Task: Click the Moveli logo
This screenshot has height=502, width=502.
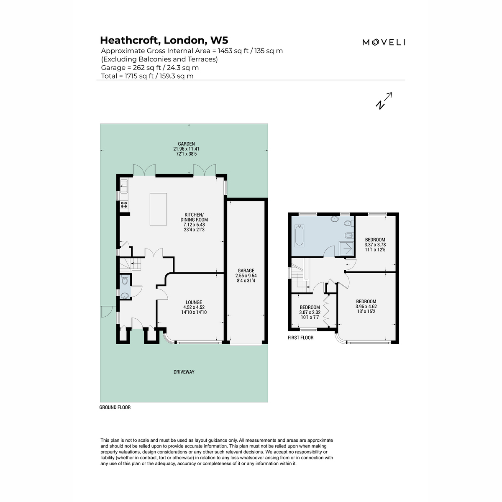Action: point(384,42)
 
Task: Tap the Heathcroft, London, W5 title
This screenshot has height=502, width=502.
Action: point(164,41)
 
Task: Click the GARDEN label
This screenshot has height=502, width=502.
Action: point(186,143)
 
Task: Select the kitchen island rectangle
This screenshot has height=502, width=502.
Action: point(158,209)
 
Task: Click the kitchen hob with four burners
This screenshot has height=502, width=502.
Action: point(124,205)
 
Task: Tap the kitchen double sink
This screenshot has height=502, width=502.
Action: point(124,186)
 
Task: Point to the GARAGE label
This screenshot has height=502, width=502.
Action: point(246,271)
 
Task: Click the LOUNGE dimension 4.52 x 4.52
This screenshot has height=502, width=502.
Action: point(194,307)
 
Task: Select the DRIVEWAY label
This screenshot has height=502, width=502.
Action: point(184,372)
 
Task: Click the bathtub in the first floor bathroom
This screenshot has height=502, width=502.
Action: point(300,236)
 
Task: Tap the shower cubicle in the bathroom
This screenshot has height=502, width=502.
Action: point(346,249)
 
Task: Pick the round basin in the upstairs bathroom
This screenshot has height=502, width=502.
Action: point(335,219)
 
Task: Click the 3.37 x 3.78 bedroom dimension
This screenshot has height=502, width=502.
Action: point(375,245)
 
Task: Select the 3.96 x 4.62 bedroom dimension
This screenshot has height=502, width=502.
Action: point(366,307)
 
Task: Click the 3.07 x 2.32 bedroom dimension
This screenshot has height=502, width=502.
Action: point(310,312)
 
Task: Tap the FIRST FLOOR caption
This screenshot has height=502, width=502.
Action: point(300,338)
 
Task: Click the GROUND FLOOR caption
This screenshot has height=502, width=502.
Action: point(115,407)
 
